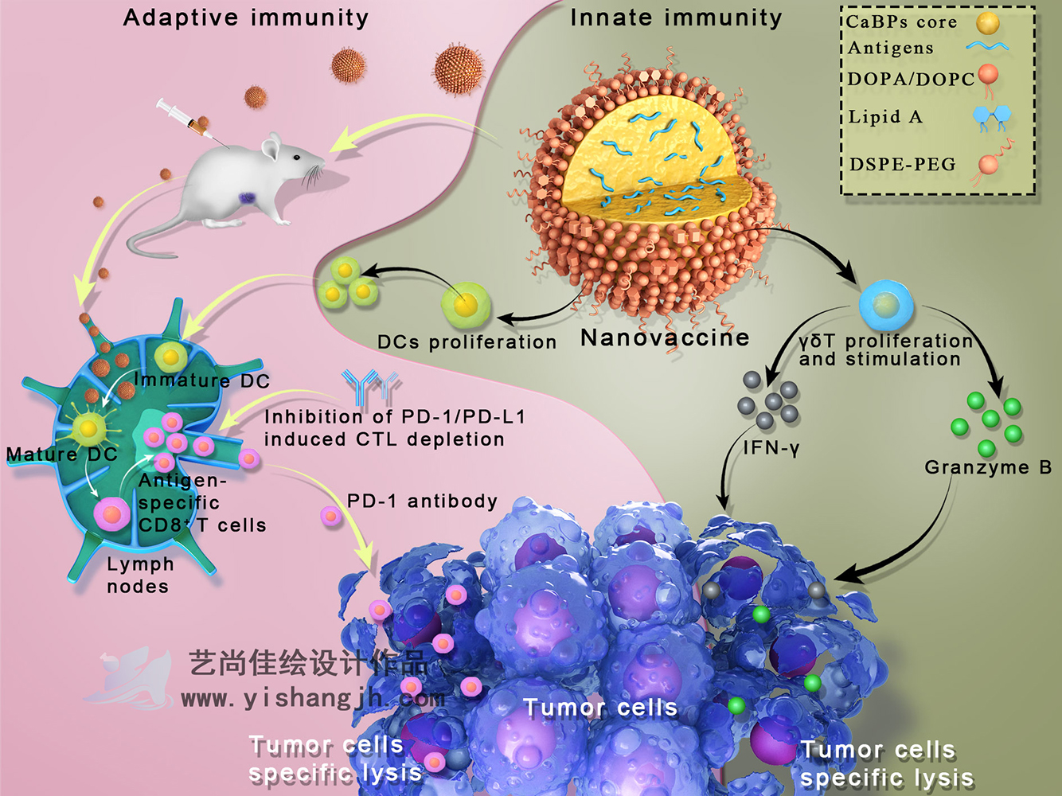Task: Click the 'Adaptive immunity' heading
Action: (x=245, y=18)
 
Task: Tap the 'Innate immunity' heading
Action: (x=676, y=18)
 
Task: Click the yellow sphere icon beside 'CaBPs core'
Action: (x=988, y=23)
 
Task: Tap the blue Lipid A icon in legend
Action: (x=991, y=117)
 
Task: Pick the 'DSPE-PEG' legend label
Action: (x=902, y=165)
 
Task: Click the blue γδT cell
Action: (x=886, y=304)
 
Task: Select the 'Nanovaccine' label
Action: (x=665, y=338)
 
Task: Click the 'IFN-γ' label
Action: (x=771, y=448)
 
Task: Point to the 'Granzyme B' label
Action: (x=988, y=467)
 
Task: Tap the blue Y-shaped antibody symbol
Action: (x=370, y=386)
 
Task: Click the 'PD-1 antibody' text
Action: (x=422, y=501)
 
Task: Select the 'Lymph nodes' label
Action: (x=139, y=575)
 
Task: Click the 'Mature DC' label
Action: (x=61, y=455)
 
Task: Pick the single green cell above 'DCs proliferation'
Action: (x=466, y=306)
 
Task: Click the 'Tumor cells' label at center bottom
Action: (x=600, y=708)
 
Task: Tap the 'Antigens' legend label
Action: (x=890, y=49)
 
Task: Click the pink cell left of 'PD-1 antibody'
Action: (x=331, y=517)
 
